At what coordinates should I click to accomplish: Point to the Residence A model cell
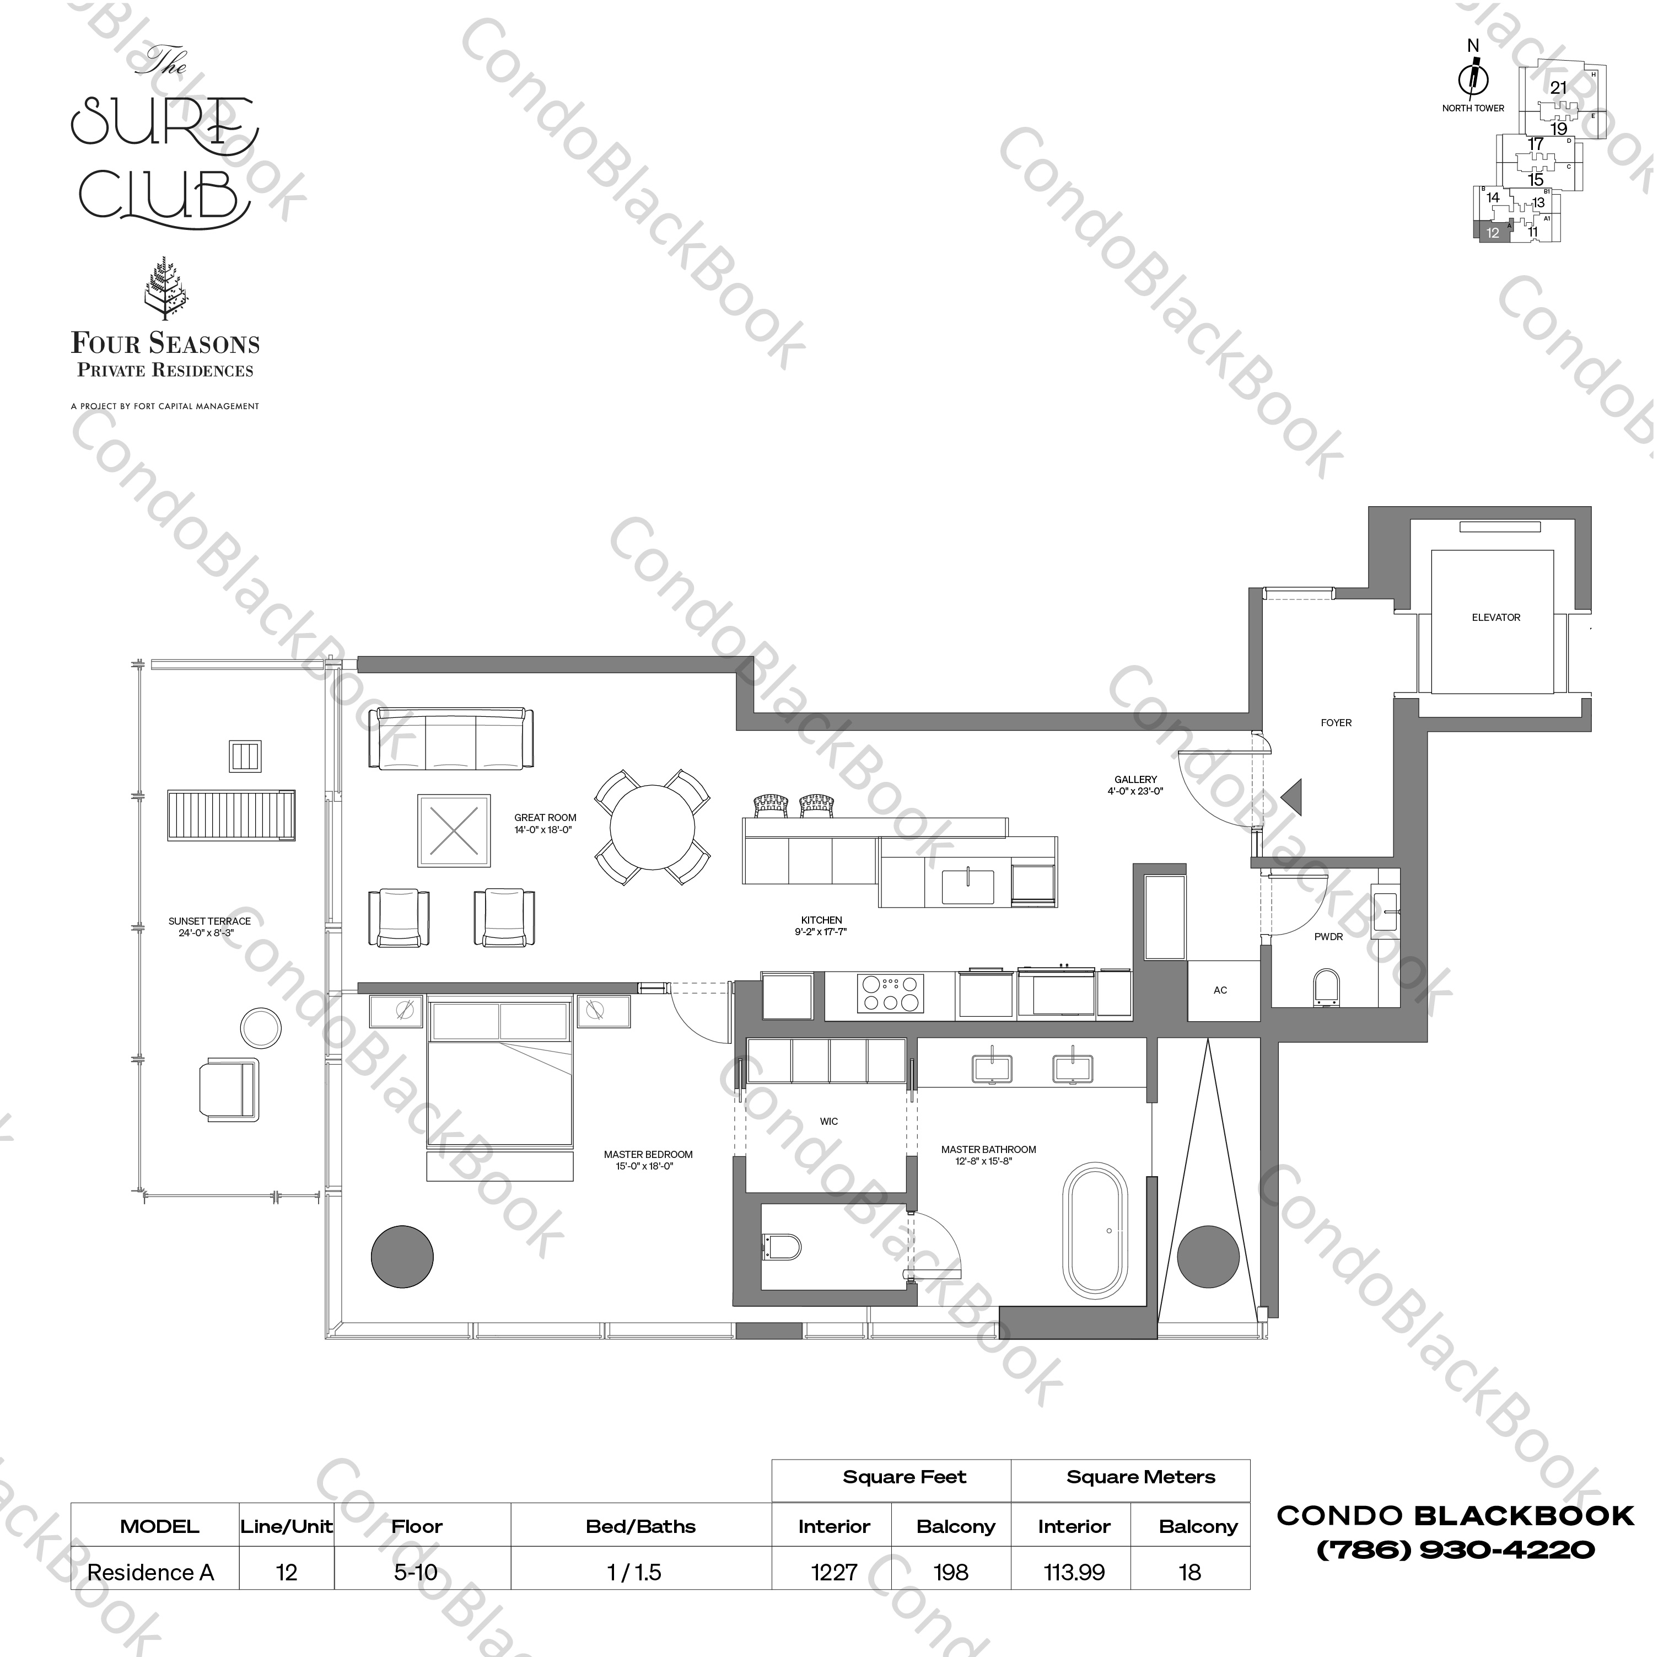[151, 1573]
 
